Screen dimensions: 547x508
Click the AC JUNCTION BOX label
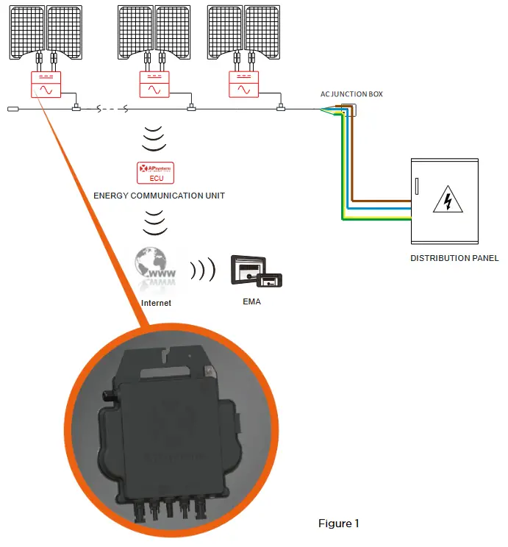(x=351, y=94)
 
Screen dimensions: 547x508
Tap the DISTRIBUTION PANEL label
(x=454, y=258)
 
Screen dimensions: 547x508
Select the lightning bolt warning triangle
(x=445, y=199)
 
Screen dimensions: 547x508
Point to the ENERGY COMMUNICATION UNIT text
(x=159, y=196)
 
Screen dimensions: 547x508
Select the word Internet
(x=155, y=302)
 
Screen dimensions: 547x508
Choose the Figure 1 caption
(x=338, y=523)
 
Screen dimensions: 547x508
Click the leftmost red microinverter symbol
(x=46, y=84)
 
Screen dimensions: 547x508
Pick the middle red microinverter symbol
(x=154, y=84)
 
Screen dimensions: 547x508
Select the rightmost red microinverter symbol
(x=243, y=84)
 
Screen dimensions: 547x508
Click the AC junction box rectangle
(x=346, y=110)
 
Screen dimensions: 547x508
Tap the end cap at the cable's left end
(x=13, y=110)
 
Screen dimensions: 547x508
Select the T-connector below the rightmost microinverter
(x=280, y=110)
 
